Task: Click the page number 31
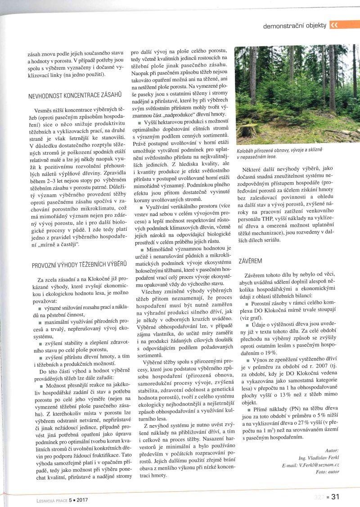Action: pyautogui.click(x=335, y=497)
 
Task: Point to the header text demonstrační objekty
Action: pyautogui.click(x=295, y=26)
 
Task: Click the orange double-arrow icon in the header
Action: pyautogui.click(x=334, y=25)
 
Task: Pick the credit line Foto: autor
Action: pyautogui.click(x=327, y=471)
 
